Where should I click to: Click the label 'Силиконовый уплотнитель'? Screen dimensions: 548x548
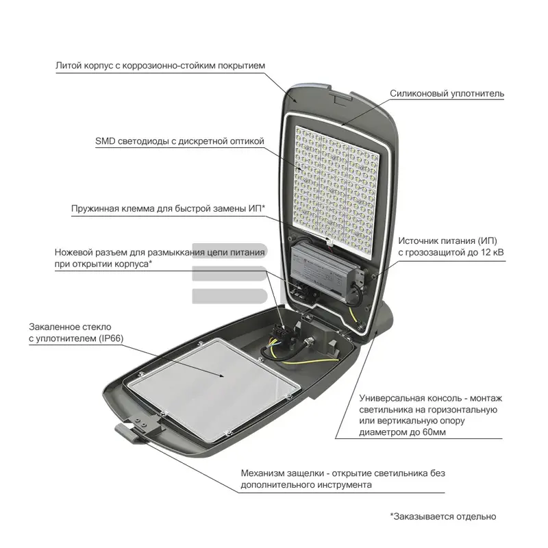point(447,94)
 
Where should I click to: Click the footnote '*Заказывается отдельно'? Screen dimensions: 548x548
point(443,516)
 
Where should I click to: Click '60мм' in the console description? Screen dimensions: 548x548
point(434,432)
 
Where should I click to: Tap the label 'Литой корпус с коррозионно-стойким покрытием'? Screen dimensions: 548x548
point(160,66)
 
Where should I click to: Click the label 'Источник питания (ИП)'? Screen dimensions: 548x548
point(448,241)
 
